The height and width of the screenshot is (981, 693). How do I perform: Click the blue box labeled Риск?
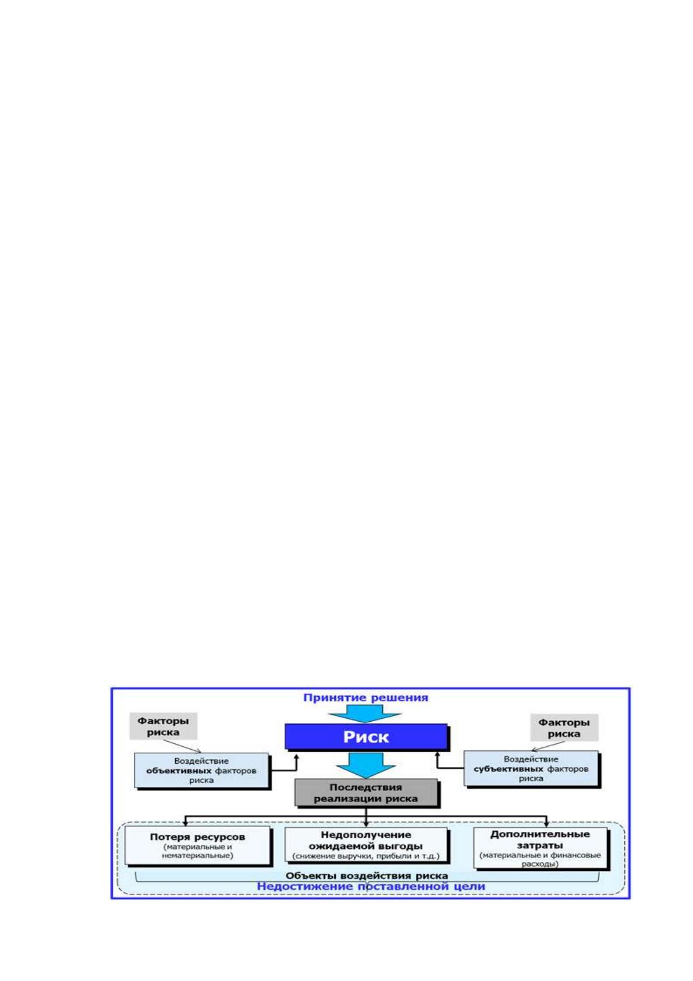tap(366, 736)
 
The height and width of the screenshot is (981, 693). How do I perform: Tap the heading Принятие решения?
tap(366, 698)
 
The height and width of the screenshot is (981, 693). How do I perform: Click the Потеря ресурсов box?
tap(197, 845)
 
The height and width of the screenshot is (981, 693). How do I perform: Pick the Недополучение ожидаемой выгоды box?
tap(366, 845)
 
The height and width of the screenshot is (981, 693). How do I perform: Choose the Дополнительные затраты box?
tap(540, 848)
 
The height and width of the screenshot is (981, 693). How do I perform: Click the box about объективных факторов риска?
tap(201, 770)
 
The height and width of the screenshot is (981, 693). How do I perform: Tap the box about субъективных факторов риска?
tap(531, 768)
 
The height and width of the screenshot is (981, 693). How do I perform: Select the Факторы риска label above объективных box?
tap(163, 726)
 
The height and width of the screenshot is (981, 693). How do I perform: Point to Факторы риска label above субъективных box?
tap(564, 728)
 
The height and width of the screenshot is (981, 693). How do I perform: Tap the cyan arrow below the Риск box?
tap(366, 765)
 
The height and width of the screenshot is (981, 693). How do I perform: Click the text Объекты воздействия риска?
tap(367, 876)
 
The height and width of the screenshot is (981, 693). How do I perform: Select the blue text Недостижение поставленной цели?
tap(371, 886)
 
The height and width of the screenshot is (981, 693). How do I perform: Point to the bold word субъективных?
tap(509, 768)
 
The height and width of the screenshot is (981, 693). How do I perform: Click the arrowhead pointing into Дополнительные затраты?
tap(546, 824)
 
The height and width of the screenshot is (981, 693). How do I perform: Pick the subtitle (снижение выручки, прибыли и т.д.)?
tap(366, 856)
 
